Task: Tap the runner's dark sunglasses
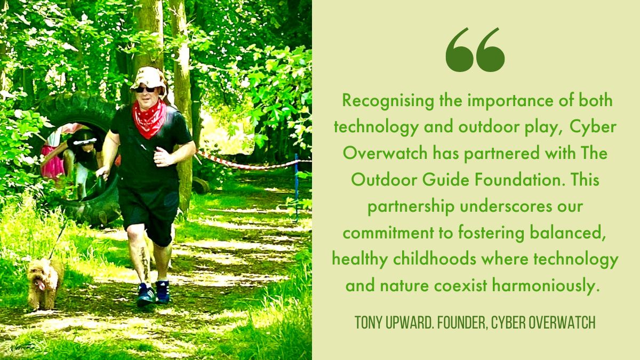click(146, 90)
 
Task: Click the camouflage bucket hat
click(149, 78)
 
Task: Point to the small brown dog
click(44, 283)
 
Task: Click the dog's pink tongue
click(41, 285)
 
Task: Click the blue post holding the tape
click(297, 188)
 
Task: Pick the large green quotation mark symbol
click(475, 50)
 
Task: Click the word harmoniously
click(545, 286)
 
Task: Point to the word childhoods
click(435, 259)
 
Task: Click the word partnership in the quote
click(411, 207)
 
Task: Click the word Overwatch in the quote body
click(385, 154)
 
